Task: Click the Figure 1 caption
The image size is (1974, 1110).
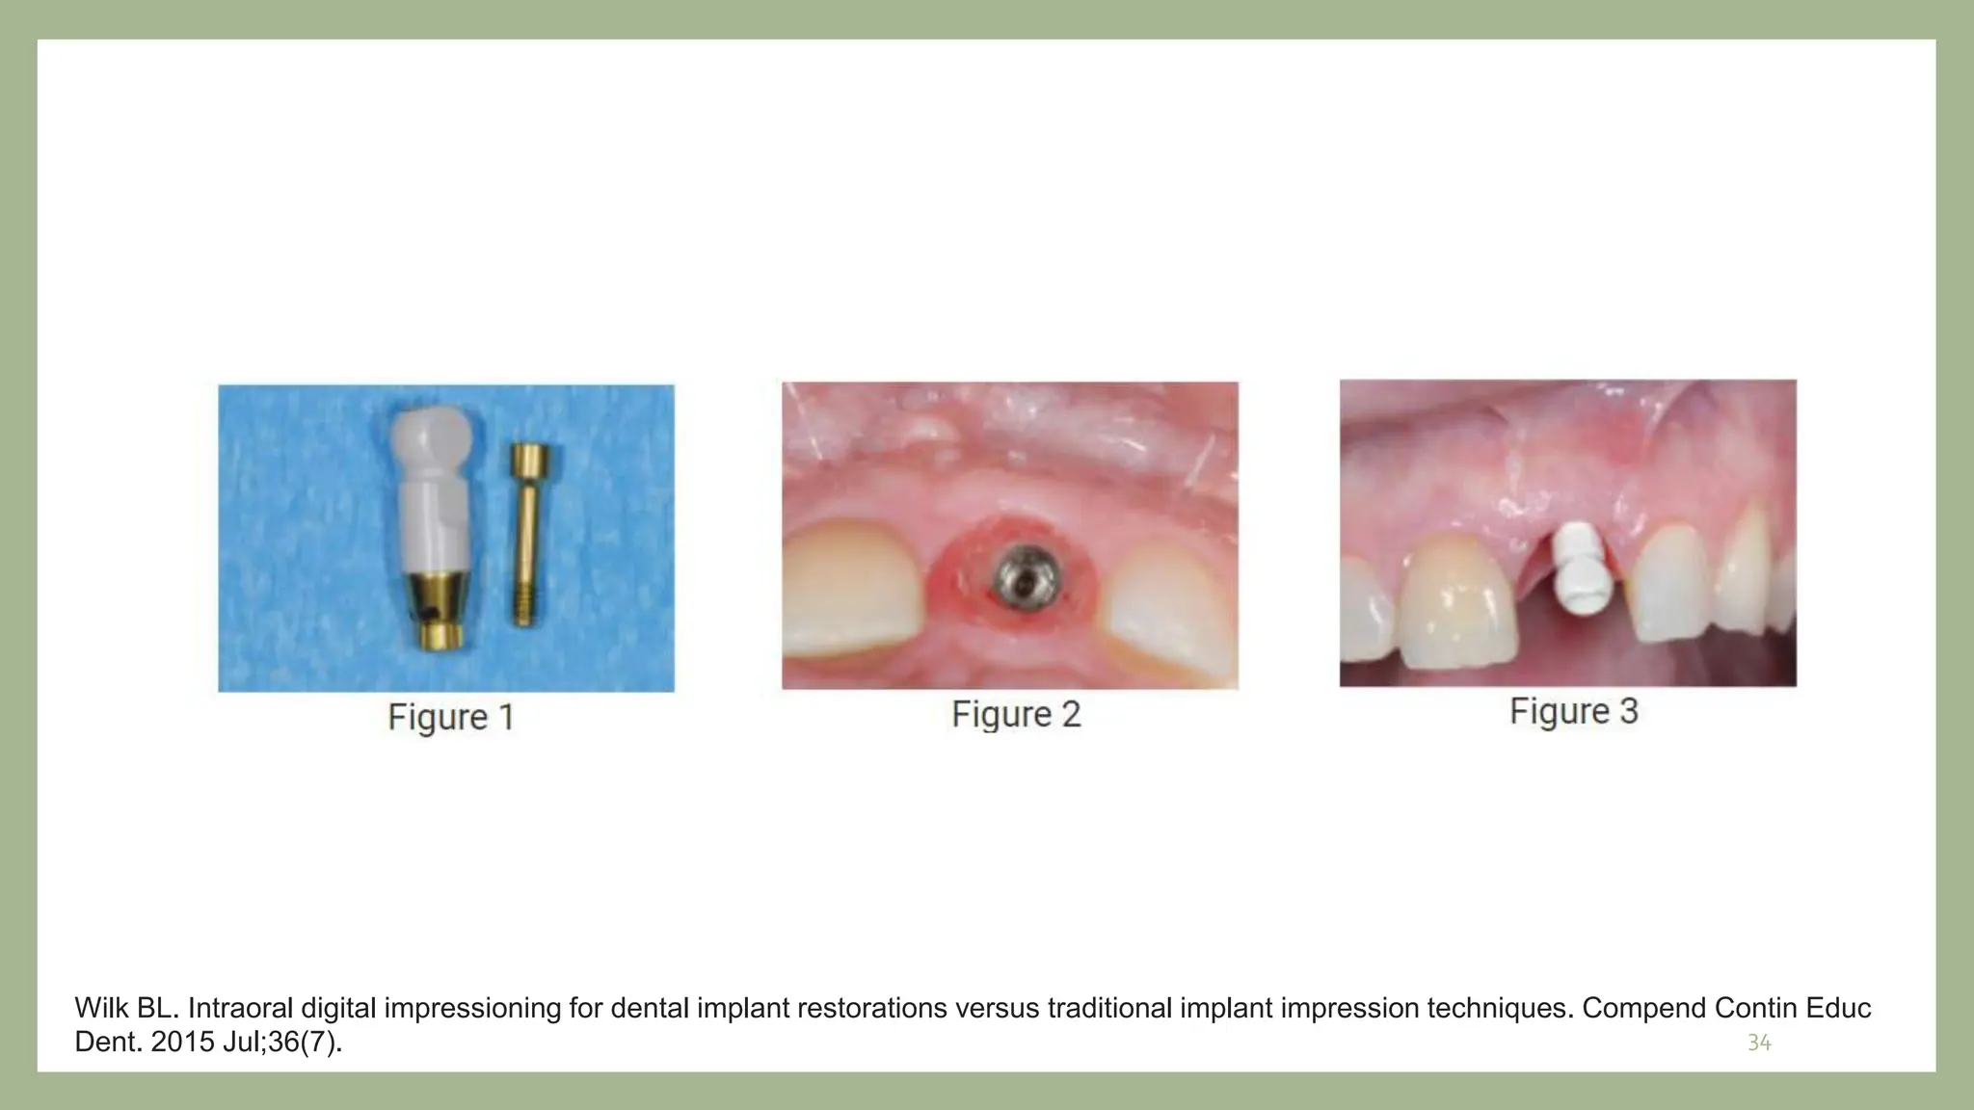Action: pos(451,718)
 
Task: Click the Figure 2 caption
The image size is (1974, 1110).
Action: pos(1016,715)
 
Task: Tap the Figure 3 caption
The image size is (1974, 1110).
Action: pos(1573,712)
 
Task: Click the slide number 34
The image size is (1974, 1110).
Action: pos(1759,1043)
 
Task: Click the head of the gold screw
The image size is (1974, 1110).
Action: pos(529,459)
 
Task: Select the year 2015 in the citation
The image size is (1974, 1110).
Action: pos(183,1043)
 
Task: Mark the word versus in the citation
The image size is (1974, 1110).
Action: pos(995,1008)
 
